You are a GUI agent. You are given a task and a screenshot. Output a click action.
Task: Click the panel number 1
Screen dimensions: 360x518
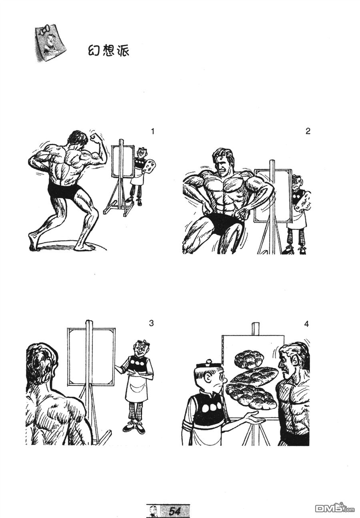152,132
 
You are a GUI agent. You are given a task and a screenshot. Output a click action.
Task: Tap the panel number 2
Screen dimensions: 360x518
308,131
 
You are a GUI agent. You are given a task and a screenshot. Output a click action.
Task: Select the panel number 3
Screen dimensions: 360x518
151,323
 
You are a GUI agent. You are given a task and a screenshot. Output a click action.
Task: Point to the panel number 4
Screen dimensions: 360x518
306,324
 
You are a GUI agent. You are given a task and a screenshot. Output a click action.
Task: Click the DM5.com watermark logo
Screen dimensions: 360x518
336,508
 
